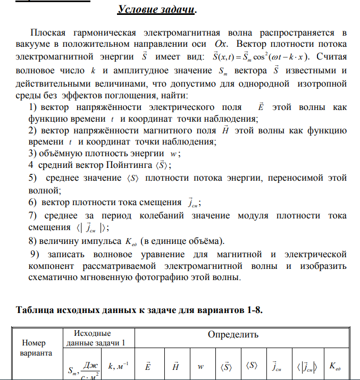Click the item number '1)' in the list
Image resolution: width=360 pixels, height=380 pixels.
31,107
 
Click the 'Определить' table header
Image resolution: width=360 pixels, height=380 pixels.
232,335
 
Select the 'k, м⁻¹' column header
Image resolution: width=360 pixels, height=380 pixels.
117,367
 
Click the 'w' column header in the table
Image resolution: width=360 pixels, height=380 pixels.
200,367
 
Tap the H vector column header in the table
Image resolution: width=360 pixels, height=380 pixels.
175,366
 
